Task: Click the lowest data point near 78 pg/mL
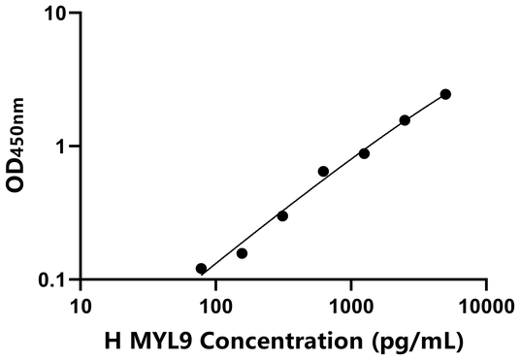(201, 269)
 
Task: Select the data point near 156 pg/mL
(242, 253)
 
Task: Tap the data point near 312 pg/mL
(282, 215)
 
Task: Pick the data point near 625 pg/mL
(323, 171)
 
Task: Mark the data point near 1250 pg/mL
(364, 153)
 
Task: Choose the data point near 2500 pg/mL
(405, 120)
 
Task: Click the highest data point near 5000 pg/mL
(445, 94)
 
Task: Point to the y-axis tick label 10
(54, 15)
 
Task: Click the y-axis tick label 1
(59, 147)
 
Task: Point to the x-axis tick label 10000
(485, 307)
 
